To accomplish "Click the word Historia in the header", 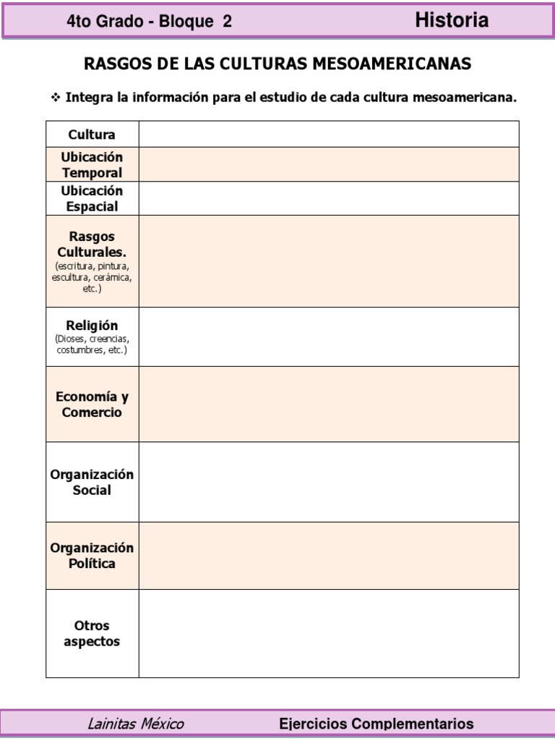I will coord(452,21).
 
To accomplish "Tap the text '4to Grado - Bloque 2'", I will coord(149,22).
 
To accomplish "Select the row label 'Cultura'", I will coord(92,135).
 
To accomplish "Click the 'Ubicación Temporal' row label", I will coord(92,165).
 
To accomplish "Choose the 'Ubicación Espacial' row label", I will coord(92,198).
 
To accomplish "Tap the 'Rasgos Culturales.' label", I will coord(92,245).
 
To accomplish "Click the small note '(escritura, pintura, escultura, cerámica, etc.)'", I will coord(92,277).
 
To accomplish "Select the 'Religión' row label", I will coord(92,326).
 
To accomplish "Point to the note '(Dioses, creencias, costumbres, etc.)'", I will coord(92,344).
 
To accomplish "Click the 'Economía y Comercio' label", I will coord(92,405).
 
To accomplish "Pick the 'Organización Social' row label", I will coord(92,482).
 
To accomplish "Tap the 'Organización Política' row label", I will coord(92,555).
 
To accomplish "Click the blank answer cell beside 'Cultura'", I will coord(329,134).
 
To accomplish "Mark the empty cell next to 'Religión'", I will coord(329,336).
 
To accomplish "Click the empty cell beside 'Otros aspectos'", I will coord(329,633).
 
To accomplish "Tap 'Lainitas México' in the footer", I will coord(135,724).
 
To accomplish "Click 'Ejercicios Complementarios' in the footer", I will coord(377,724).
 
